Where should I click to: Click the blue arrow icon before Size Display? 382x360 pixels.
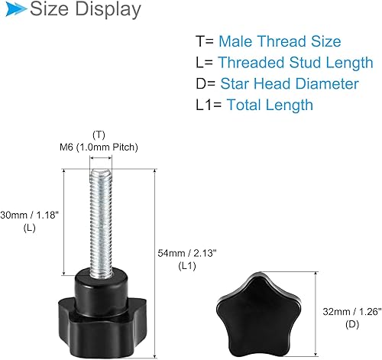[15, 10]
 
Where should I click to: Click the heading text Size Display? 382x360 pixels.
[84, 10]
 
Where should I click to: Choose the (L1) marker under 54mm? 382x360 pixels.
[187, 264]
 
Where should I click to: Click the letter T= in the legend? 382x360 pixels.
[204, 41]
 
